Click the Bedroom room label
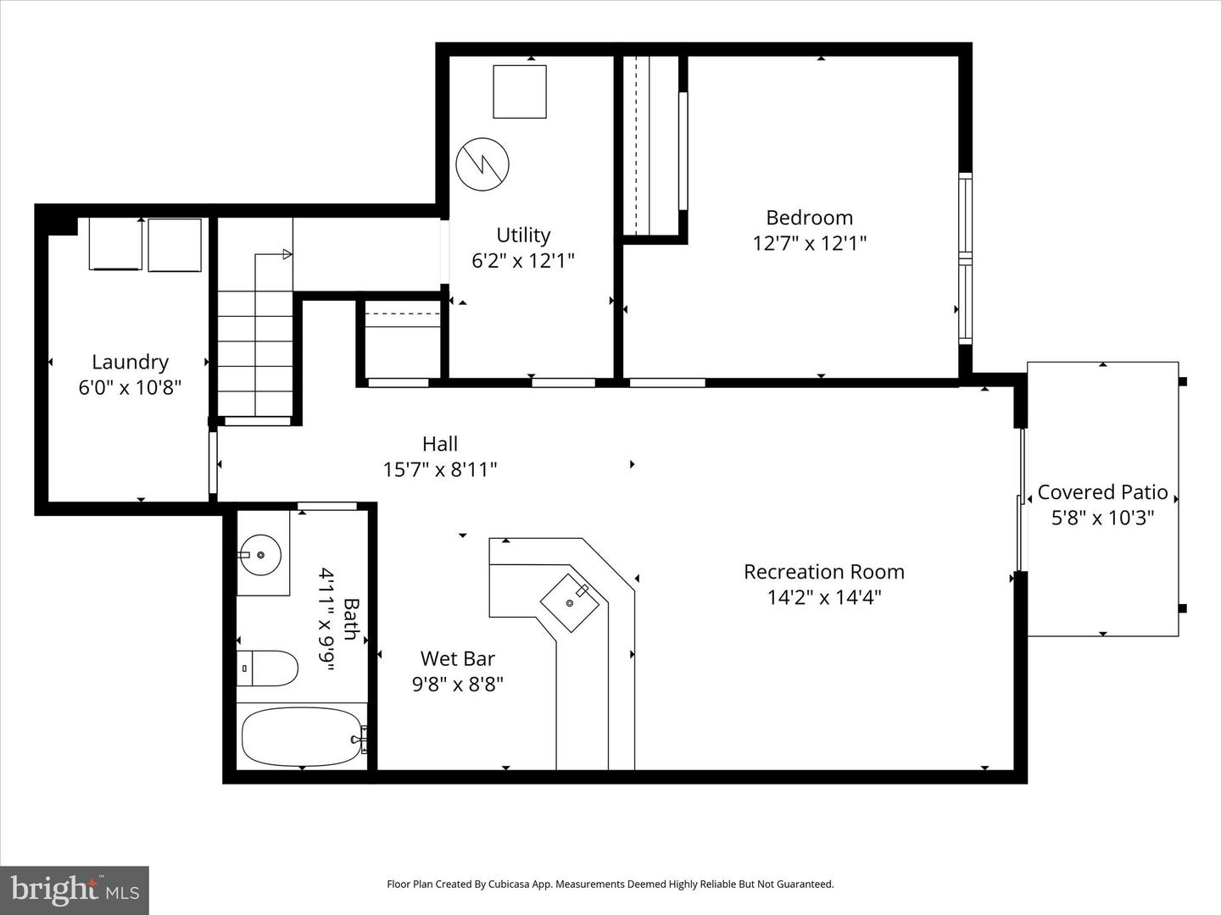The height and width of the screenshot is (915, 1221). [x=809, y=218]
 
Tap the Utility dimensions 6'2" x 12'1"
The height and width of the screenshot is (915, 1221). [x=523, y=260]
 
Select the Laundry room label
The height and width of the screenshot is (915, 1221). [x=130, y=363]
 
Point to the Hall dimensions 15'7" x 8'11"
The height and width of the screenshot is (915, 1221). [x=440, y=469]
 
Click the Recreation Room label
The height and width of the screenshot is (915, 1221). [x=823, y=572]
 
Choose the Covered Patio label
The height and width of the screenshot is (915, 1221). [x=1102, y=492]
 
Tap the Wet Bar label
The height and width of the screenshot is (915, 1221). [x=457, y=658]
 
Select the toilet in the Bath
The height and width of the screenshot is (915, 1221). [x=267, y=669]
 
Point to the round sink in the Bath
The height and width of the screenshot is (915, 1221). [x=261, y=555]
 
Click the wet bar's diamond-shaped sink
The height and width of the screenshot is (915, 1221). [x=571, y=602]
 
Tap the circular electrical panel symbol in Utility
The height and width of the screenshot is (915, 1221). [x=482, y=164]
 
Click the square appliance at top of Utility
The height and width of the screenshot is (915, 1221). [x=520, y=91]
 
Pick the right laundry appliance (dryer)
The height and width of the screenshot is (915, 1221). [x=175, y=245]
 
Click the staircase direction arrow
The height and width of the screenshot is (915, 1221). [x=287, y=254]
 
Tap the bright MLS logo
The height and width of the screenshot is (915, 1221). [x=75, y=890]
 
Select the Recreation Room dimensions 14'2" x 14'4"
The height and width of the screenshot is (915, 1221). [x=823, y=597]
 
